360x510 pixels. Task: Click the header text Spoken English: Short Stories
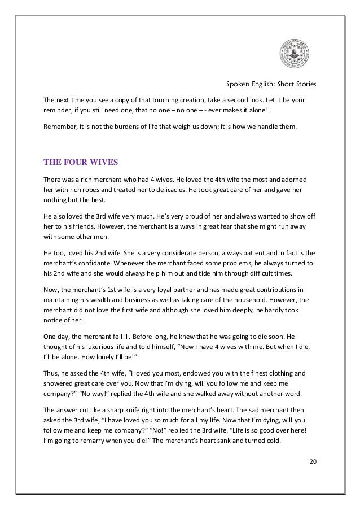(x=271, y=85)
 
